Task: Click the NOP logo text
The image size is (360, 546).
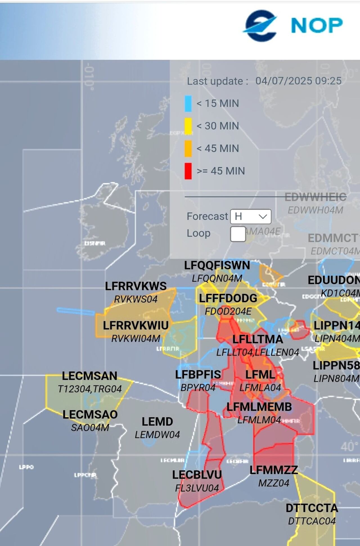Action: coord(317,25)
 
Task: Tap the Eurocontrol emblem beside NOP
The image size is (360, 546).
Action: coord(260,26)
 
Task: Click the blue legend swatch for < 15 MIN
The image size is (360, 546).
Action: coord(188,104)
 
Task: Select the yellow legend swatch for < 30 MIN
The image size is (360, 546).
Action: coord(188,126)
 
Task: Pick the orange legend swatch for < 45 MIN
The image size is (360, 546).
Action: coord(188,149)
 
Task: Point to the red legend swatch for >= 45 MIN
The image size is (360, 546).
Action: coord(188,171)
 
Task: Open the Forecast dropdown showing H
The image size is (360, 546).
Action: coord(251,216)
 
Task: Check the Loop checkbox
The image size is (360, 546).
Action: coord(238,234)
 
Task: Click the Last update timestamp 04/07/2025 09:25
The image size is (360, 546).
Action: coord(298,81)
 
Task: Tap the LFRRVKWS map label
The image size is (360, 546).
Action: coord(136,286)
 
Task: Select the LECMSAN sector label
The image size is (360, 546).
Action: coord(89,376)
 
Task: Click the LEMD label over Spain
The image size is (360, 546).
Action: coord(157,422)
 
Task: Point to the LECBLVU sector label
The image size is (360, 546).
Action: coord(197,475)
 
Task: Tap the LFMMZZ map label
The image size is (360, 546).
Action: coord(274,470)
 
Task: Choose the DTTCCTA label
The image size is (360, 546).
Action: coord(312,508)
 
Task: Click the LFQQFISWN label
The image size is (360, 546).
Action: coord(217,265)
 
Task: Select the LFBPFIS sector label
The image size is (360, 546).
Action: coord(198,375)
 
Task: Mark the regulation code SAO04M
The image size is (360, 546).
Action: coord(90,428)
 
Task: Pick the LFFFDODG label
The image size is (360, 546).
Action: coord(228,298)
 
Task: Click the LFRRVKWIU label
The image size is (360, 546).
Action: coord(136,325)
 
